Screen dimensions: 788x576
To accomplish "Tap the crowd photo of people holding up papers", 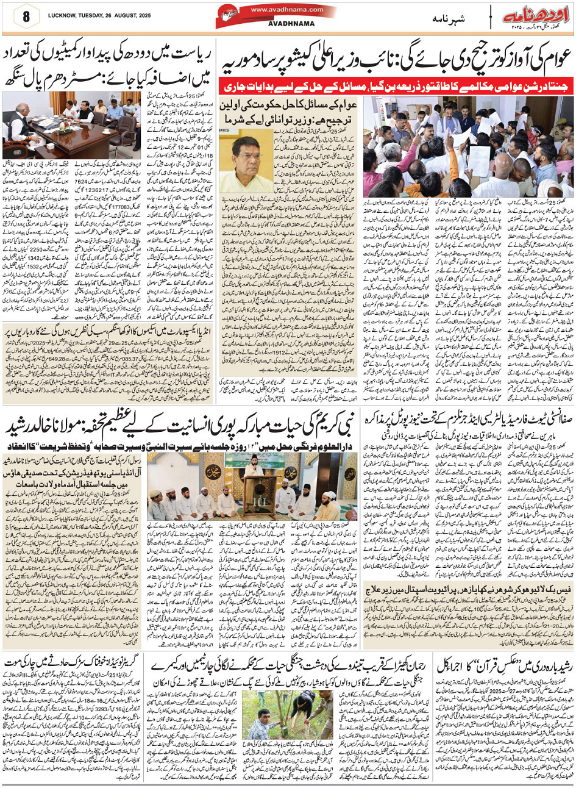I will click(x=469, y=146).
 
